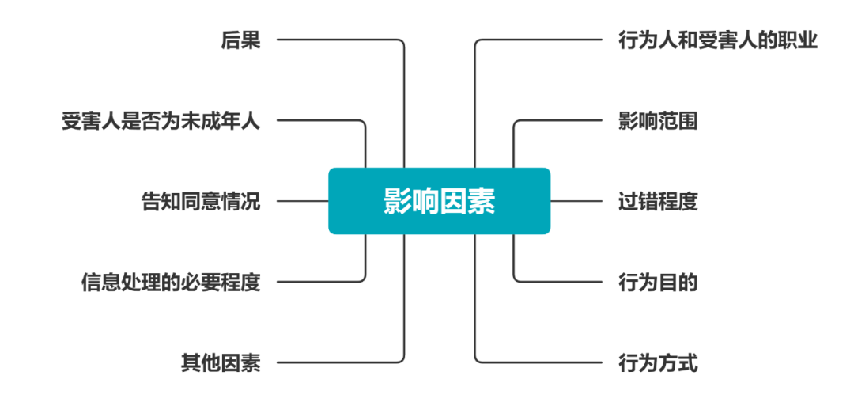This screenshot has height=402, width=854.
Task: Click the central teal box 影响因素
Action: [439, 201]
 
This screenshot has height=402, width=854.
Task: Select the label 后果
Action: [240, 40]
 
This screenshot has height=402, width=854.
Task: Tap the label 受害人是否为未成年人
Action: [161, 121]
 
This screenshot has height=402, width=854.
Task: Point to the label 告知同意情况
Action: [200, 201]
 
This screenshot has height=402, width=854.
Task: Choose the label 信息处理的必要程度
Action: [170, 282]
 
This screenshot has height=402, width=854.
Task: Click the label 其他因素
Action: [220, 363]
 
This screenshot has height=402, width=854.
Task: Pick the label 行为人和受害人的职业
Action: [717, 40]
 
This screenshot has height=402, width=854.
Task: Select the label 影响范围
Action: [657, 121]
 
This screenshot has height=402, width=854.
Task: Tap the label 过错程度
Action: [657, 201]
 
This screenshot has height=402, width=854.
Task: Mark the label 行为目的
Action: [657, 282]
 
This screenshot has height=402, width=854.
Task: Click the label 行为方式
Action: [657, 363]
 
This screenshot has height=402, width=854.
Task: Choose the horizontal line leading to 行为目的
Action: [561, 282]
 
